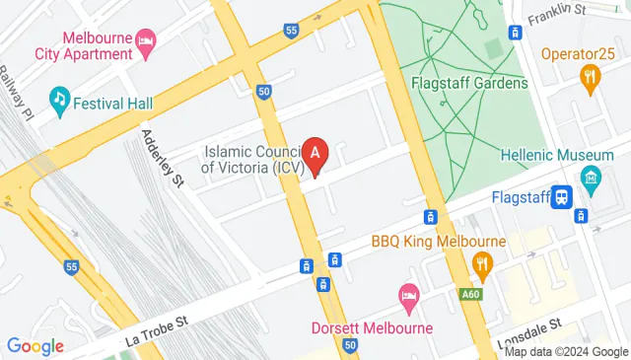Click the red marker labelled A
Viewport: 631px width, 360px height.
(x=315, y=155)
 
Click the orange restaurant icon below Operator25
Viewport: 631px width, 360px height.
(x=590, y=78)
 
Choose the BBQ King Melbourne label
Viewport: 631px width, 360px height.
(x=438, y=241)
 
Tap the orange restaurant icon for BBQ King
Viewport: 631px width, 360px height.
(x=482, y=262)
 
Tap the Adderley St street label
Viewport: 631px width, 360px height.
(x=164, y=158)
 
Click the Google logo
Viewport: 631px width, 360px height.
(x=35, y=345)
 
